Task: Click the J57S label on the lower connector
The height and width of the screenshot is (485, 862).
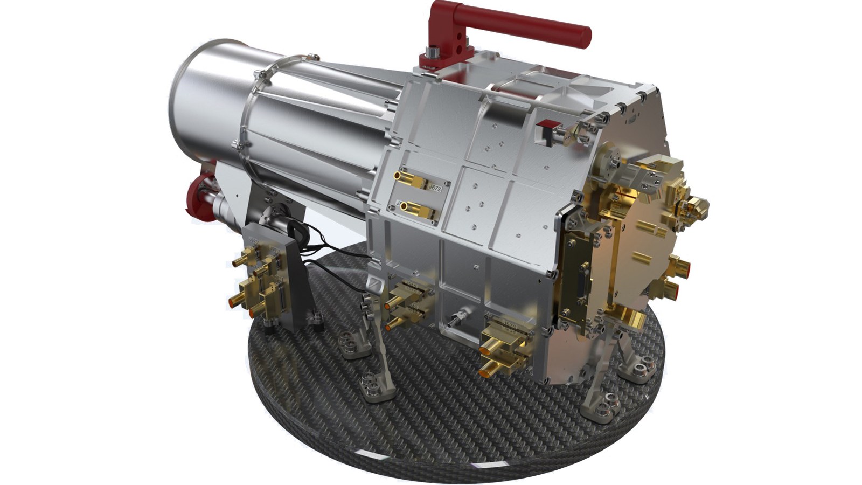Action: point(509,326)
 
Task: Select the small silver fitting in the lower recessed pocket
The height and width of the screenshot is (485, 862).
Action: point(458,317)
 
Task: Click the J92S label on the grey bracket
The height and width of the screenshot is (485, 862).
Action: point(253,237)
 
